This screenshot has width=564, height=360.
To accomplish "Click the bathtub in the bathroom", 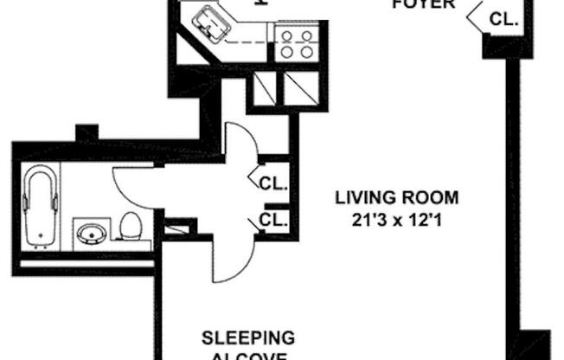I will [40, 207].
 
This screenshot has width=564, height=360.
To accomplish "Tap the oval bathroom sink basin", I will [91, 233].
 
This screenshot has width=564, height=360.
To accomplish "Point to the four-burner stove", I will [296, 42].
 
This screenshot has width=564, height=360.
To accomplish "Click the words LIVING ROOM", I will [397, 197].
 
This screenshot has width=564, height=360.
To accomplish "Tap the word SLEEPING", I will [248, 337].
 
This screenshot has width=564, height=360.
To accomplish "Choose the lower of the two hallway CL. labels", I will [273, 219].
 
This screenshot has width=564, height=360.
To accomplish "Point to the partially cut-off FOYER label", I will [423, 4].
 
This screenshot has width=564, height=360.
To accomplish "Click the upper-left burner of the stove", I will [287, 35].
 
